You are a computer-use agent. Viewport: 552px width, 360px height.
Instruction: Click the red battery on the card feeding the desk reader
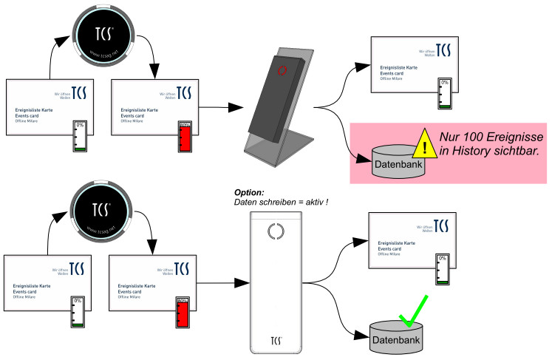pyautogui.click(x=185, y=138)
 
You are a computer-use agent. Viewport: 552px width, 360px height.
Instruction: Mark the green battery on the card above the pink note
pyautogui.click(x=443, y=95)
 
